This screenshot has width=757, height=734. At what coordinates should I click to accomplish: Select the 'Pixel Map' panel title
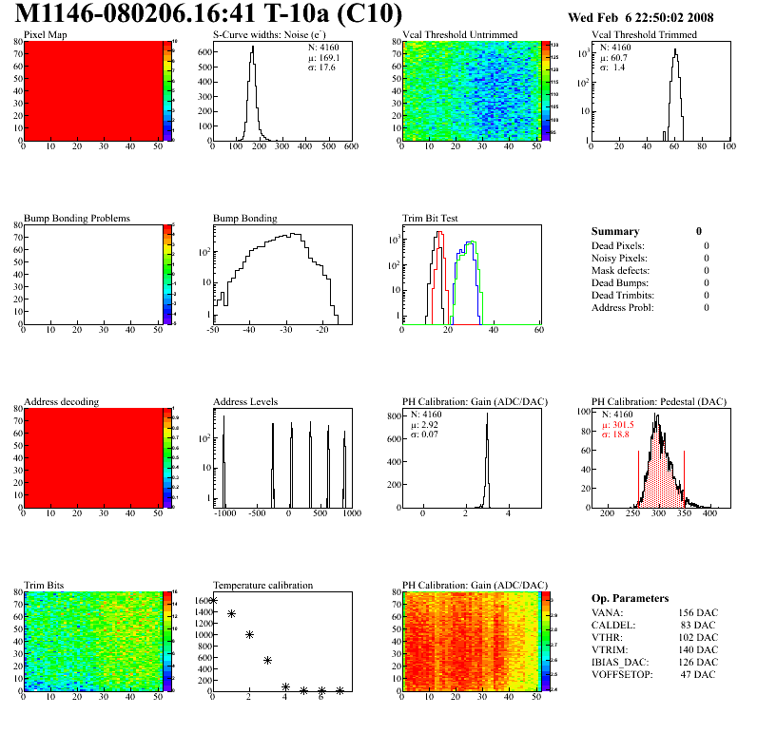[45, 34]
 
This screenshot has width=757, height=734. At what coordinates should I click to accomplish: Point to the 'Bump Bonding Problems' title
[76, 218]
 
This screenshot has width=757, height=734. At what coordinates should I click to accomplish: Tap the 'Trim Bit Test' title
[430, 218]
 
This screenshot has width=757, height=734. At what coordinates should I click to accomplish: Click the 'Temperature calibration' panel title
[262, 585]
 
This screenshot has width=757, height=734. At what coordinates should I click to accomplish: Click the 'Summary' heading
[615, 231]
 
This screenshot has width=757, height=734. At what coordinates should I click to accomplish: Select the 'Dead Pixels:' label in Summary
[619, 245]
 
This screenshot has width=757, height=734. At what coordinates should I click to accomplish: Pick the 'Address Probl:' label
[623, 307]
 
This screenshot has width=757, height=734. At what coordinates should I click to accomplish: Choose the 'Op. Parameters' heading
[630, 598]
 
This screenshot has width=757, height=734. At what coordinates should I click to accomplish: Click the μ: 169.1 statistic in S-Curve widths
[323, 57]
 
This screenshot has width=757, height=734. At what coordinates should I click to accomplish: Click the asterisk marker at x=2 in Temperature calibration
[249, 634]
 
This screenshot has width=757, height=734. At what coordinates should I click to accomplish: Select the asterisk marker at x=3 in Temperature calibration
[267, 660]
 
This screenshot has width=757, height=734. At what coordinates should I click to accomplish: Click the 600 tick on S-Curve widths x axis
[350, 147]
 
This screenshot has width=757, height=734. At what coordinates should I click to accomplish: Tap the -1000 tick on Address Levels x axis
[225, 513]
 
